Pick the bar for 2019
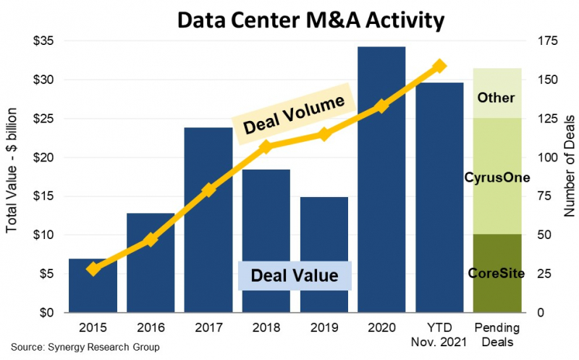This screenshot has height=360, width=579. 324,254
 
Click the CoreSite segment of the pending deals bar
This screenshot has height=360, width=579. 497,273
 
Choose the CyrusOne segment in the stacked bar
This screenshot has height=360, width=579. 497,177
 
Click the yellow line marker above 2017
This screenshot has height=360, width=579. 208,190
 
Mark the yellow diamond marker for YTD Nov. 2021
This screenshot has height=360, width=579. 439,67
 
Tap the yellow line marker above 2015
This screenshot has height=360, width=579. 93,269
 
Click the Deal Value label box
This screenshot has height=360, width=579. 294,276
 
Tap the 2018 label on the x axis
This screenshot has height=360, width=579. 266,327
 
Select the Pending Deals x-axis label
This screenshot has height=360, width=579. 497,332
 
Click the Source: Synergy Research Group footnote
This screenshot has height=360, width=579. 85,348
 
